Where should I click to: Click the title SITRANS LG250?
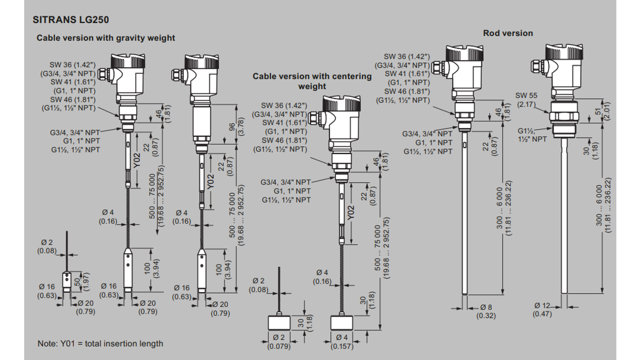71,20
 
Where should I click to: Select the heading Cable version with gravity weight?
105,38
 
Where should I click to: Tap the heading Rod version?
507,33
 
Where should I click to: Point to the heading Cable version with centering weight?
312,81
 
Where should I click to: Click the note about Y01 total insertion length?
100,344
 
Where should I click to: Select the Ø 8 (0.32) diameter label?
485,311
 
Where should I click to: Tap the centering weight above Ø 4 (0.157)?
343,322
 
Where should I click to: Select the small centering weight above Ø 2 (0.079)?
279,322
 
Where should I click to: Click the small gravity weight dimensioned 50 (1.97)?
67,281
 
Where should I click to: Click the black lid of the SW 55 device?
563,52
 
